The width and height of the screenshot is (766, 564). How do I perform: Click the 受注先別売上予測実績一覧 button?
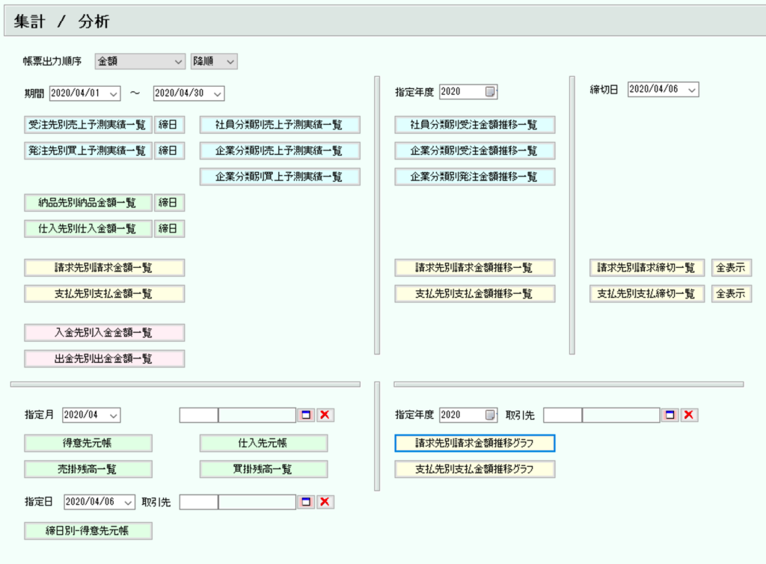[88, 124]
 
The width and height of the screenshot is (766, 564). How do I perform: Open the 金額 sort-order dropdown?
[140, 61]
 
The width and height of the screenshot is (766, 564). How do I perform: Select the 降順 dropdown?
[214, 61]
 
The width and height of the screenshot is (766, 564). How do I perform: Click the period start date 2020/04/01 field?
[85, 93]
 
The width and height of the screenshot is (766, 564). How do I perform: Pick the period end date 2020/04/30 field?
[189, 93]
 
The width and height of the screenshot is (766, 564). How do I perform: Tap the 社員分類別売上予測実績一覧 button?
[280, 124]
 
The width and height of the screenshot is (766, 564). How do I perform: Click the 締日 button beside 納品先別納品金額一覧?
[169, 203]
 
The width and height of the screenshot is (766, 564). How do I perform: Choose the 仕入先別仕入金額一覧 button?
[88, 229]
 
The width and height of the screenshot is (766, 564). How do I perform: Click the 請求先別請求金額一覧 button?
[105, 268]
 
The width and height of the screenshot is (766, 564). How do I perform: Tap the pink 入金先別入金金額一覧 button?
[105, 333]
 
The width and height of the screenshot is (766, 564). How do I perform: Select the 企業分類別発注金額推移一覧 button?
[475, 177]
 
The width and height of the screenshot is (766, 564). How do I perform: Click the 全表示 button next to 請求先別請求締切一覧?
[732, 268]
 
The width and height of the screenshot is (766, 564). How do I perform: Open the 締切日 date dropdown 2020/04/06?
[663, 89]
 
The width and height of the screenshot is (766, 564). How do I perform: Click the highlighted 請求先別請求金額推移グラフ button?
[475, 443]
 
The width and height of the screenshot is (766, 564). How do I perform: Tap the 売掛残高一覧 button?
[88, 469]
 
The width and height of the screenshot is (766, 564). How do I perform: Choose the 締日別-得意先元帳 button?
[88, 531]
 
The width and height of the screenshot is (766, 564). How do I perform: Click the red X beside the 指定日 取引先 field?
[325, 502]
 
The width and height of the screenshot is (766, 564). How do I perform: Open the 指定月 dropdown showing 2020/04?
[91, 415]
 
